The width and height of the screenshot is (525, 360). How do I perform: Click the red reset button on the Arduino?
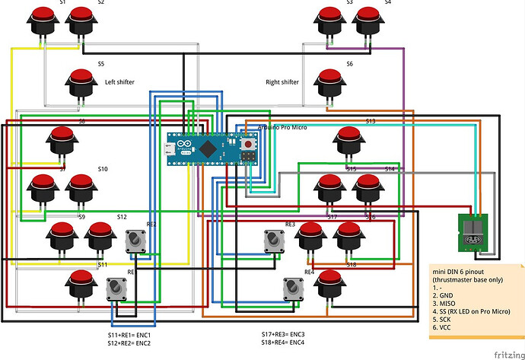click(x=247, y=142)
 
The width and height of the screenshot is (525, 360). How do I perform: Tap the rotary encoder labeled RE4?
click(x=294, y=288)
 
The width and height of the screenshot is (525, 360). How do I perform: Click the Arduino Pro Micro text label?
click(x=282, y=127)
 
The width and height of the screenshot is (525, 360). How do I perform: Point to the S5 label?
click(x=101, y=64)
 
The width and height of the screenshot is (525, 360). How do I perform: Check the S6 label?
click(x=349, y=64)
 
